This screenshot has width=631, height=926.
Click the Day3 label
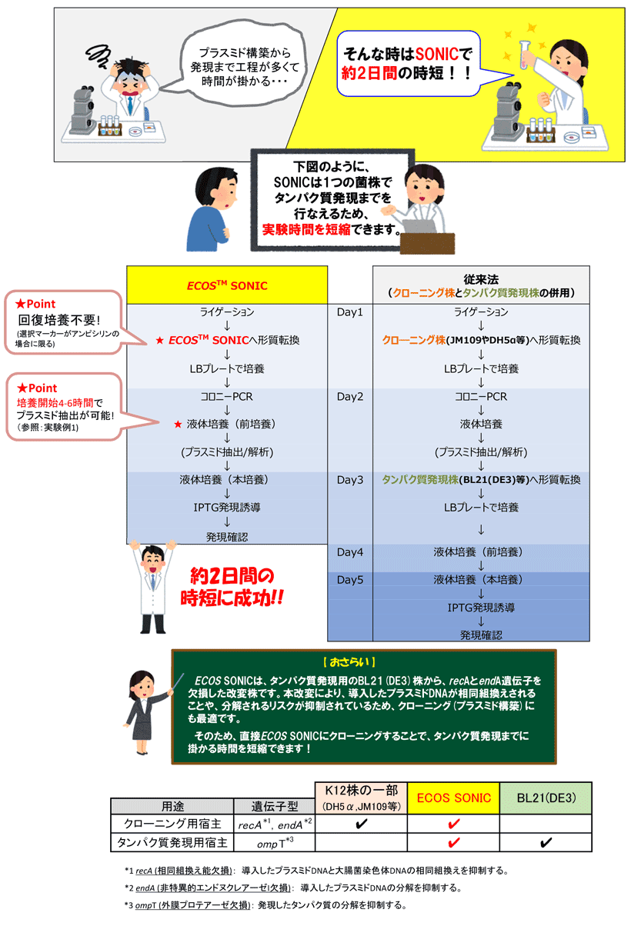[x=350, y=479]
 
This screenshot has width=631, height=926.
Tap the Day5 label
[x=350, y=579]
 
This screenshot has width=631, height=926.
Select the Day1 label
[x=350, y=312]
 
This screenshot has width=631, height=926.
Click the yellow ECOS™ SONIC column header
[x=227, y=285]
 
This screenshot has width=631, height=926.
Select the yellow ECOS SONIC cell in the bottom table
[x=454, y=798]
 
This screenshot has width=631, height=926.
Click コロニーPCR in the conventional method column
[x=481, y=397]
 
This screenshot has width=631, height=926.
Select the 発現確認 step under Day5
[x=481, y=635]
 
